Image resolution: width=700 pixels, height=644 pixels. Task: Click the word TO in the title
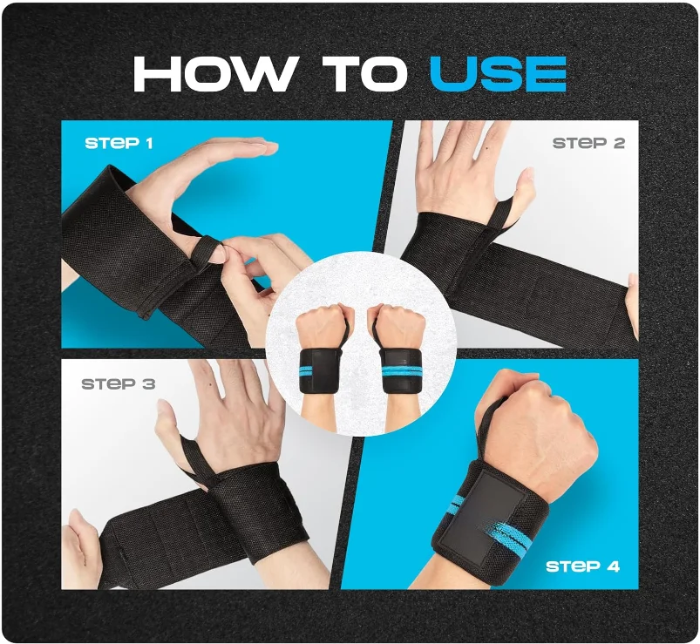(x=364, y=75)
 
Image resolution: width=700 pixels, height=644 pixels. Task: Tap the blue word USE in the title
(x=498, y=75)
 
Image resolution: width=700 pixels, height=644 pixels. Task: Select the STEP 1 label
(x=119, y=142)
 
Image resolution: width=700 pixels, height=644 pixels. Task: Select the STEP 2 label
(x=588, y=143)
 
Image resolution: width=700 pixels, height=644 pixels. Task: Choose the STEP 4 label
(x=582, y=566)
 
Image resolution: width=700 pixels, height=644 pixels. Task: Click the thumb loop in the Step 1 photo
(x=207, y=250)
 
